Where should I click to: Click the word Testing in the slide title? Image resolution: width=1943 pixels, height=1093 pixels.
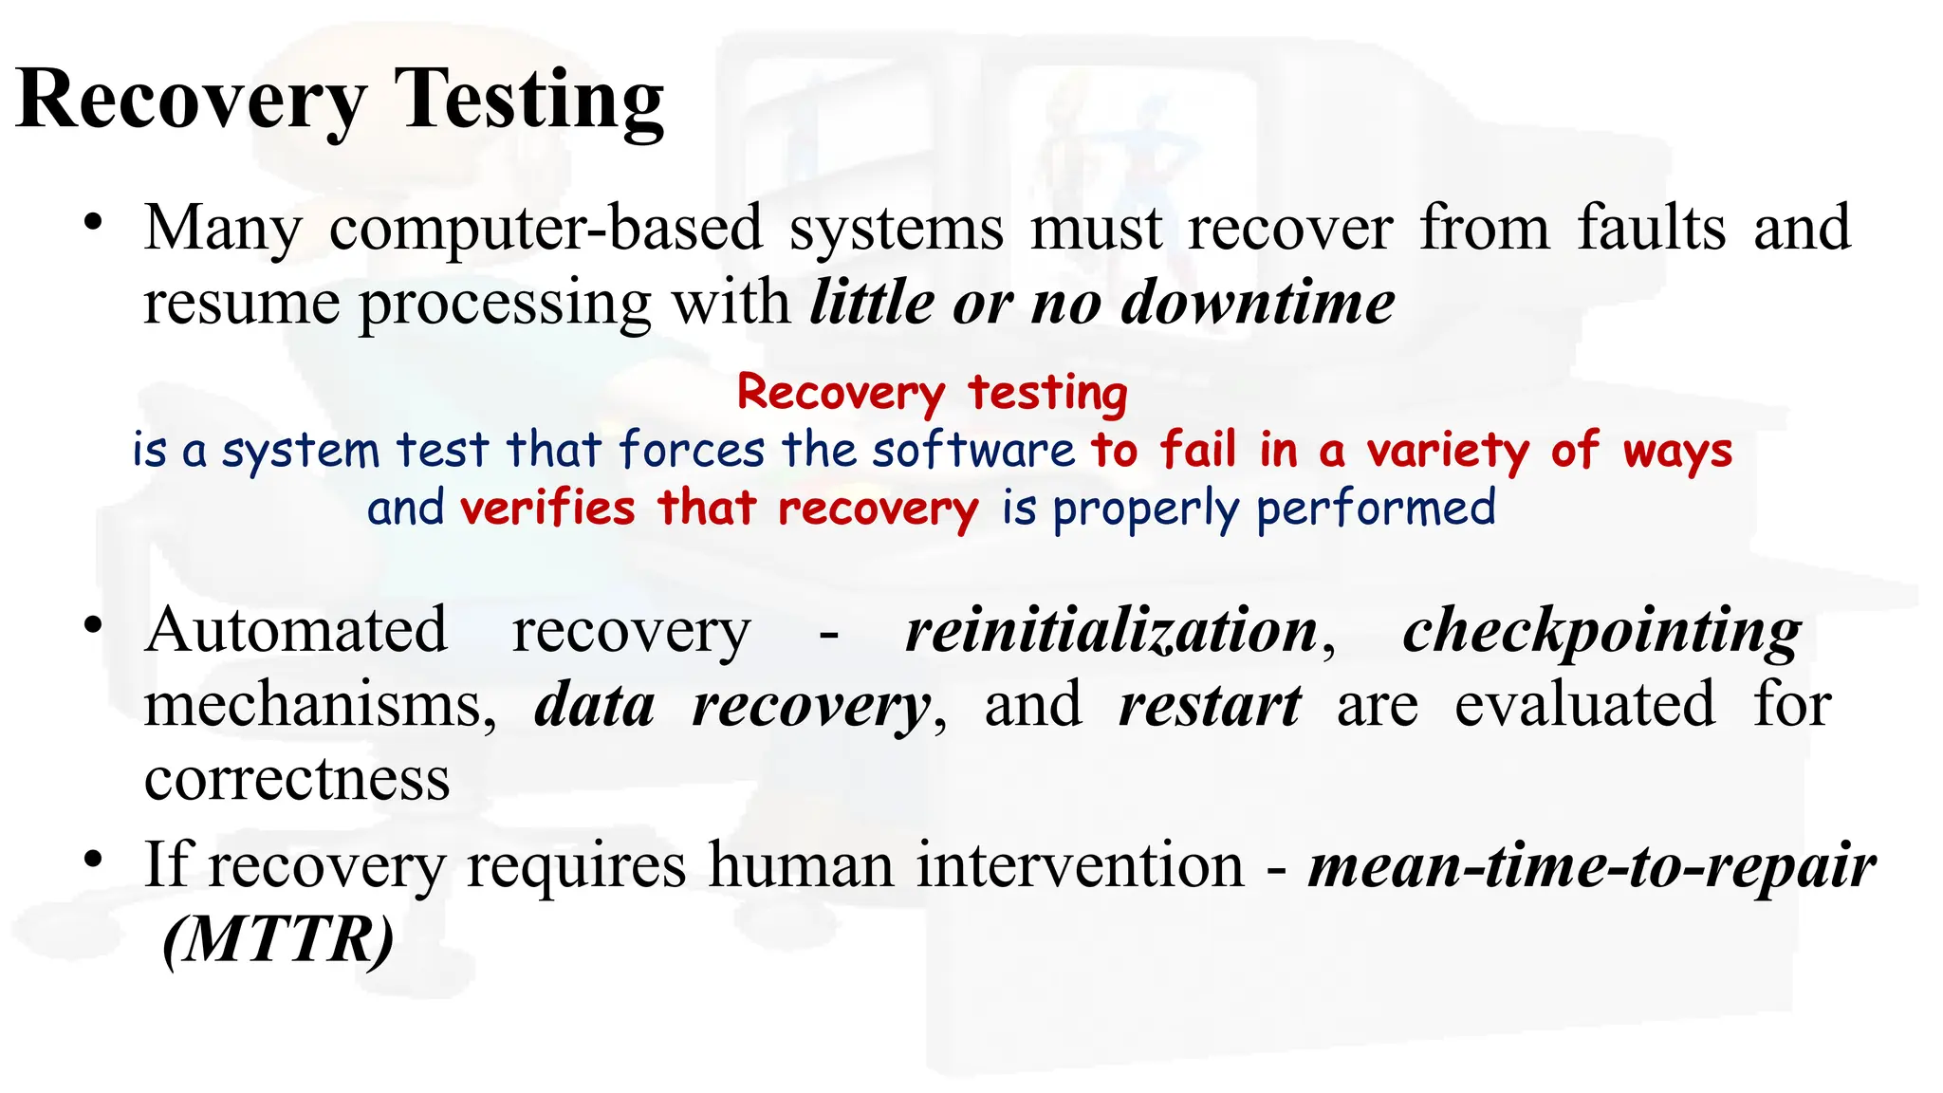(x=528, y=101)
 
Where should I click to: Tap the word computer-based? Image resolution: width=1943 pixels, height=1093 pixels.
(x=546, y=229)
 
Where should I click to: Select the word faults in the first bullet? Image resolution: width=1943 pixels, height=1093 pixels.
(x=1651, y=229)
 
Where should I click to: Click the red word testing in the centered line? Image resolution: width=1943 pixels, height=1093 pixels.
(x=1047, y=392)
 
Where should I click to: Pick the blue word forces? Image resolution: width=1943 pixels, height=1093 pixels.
(x=692, y=450)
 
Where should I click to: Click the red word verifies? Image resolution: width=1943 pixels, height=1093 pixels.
(x=547, y=508)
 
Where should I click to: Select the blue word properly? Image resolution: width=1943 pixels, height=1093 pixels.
(x=1145, y=509)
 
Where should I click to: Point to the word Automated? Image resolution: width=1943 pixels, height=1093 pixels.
(x=296, y=630)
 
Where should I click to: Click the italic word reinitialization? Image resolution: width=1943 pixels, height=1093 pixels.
(x=1111, y=630)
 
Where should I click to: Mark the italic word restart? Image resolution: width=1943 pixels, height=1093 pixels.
(x=1210, y=705)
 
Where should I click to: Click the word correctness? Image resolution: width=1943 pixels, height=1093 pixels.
(x=297, y=779)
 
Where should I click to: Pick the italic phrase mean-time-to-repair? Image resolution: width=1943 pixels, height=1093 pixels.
(x=1591, y=865)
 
